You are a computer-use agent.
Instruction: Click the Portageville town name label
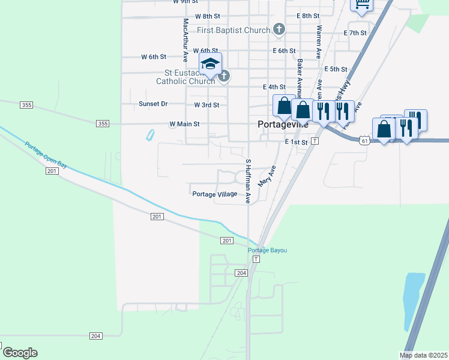point(282,125)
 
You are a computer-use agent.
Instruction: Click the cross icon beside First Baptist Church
point(279,28)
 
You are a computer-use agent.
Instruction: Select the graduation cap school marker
point(211,64)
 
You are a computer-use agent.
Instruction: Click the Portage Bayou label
point(268,250)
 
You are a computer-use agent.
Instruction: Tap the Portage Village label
point(214,194)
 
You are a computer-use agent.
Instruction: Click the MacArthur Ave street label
point(185,40)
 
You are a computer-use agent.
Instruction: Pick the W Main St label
point(184,124)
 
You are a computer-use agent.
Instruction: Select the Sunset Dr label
point(153,104)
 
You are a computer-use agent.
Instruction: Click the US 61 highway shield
point(365,140)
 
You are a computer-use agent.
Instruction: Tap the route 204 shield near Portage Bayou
point(241,273)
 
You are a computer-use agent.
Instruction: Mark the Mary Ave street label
point(265,176)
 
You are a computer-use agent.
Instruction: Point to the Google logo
point(20,353)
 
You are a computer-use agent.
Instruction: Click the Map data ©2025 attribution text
point(424,355)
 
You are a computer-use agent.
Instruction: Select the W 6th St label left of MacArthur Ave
point(153,57)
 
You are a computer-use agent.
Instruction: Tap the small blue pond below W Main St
point(149,135)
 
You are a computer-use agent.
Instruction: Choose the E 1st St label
point(296,142)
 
